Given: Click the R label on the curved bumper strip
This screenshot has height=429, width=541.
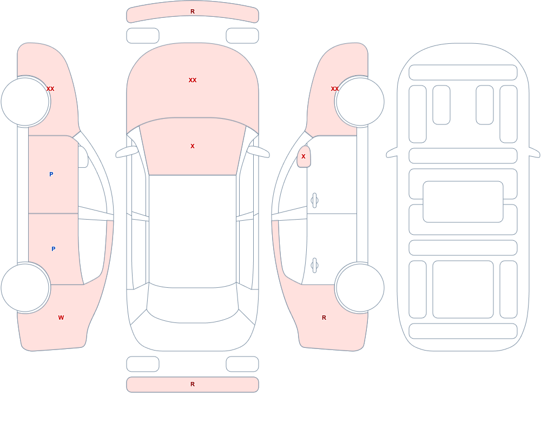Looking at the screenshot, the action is (x=193, y=11).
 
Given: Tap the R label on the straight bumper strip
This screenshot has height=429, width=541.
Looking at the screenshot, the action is (x=193, y=384).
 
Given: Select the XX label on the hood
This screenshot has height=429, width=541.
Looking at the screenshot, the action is (x=193, y=80).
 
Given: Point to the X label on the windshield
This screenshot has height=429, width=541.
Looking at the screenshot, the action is (x=193, y=147).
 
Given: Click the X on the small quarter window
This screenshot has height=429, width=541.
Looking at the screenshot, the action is (x=304, y=157).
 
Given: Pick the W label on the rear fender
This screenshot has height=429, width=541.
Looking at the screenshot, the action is (x=61, y=318).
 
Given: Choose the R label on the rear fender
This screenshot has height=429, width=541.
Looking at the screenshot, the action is (x=324, y=318).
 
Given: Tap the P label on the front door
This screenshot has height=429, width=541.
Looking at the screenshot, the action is (x=51, y=174).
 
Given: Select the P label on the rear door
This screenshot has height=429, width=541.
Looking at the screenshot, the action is (x=53, y=249).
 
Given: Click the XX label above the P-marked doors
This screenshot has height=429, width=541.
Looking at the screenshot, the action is (x=50, y=89).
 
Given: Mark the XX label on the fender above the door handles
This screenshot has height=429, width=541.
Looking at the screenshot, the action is (x=335, y=89).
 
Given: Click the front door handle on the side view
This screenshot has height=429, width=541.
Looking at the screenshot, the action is (x=314, y=201).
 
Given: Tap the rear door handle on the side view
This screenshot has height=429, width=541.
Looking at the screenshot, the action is (x=314, y=266).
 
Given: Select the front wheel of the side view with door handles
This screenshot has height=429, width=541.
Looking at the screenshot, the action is (x=360, y=102).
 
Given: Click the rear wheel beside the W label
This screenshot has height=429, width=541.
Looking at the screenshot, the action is (x=25, y=287).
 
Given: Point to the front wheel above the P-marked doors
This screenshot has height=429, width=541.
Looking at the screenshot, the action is (x=25, y=102).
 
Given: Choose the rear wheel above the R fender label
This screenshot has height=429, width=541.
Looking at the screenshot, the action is (x=360, y=287).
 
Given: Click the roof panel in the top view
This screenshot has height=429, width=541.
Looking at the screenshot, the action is (x=193, y=231).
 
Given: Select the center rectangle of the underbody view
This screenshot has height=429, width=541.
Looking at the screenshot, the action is (x=463, y=202).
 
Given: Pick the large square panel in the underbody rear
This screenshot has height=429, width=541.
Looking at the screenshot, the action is (x=463, y=289).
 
